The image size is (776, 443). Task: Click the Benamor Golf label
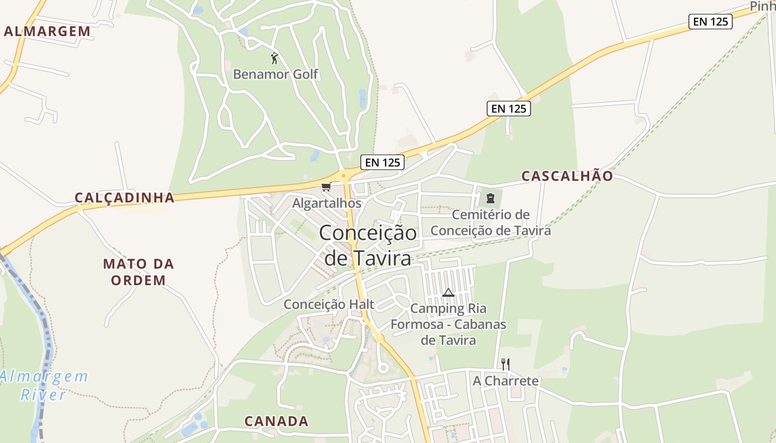coord(275,74)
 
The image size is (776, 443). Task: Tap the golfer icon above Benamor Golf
coord(274,58)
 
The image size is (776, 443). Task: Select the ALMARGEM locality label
coord(47,32)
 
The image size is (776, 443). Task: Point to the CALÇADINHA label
coord(125,198)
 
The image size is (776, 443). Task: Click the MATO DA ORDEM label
coord(139,272)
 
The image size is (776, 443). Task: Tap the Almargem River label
coord(43,385)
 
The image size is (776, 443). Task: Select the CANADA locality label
coord(277,421)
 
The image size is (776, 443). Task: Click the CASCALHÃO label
coord(567,176)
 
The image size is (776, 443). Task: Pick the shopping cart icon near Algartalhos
coord(326,187)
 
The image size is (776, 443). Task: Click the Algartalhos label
coord(326,203)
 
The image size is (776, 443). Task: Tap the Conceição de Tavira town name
coord(367,245)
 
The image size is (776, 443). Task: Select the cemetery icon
coord(490,198)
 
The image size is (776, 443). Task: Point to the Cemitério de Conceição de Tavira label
coord(491,223)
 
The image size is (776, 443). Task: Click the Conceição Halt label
coord(329,305)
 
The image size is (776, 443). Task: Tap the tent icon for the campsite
coord(448,292)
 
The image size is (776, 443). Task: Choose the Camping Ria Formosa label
coord(448,324)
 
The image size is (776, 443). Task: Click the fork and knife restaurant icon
coord(505,364)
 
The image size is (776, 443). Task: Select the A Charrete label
coord(506,381)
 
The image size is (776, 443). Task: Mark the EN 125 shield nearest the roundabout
coord(382,163)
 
